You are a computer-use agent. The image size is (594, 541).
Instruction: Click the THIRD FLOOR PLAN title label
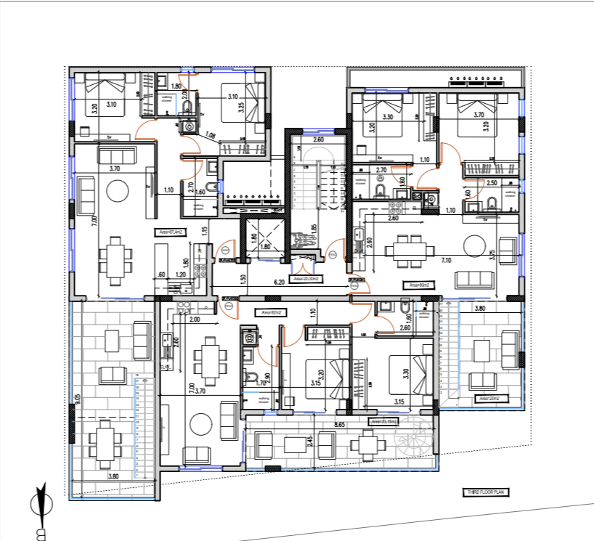pyautogui.click(x=486, y=492)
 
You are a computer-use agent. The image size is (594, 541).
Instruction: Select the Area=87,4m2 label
pyautogui.click(x=168, y=232)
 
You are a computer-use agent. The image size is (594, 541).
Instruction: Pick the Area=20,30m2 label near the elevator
pyautogui.click(x=306, y=278)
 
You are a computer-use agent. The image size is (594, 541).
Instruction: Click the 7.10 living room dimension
pyautogui.click(x=446, y=260)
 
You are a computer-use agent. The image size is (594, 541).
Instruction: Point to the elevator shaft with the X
pyautogui.click(x=263, y=237)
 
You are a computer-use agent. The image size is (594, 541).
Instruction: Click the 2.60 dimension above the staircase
pyautogui.click(x=318, y=139)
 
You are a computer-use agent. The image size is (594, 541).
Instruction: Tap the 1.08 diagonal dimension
pyautogui.click(x=211, y=134)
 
